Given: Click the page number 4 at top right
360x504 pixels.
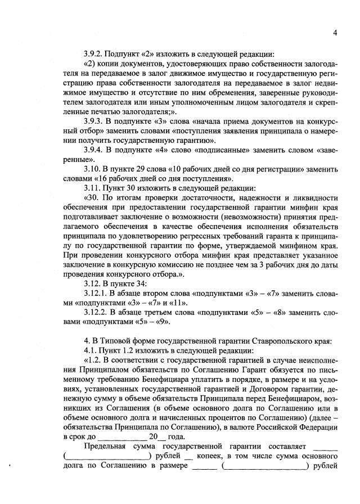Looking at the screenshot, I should [335, 33].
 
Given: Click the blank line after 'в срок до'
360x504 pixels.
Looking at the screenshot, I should [123, 436].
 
